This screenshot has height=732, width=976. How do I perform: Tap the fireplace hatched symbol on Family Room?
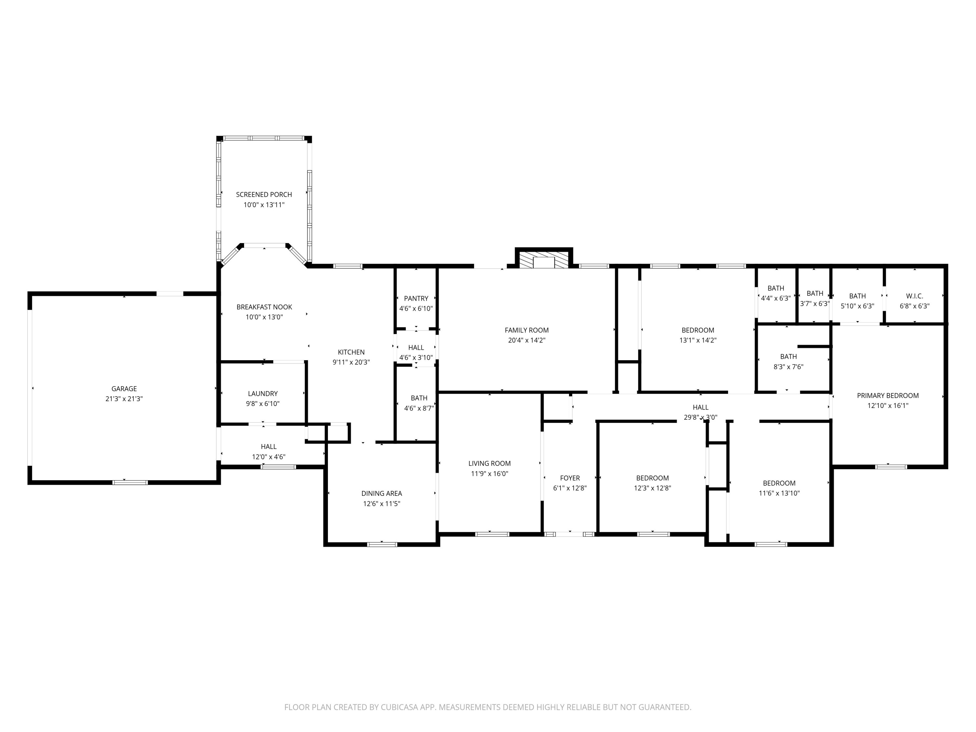[544, 260]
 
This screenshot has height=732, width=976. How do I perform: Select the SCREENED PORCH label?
[264, 195]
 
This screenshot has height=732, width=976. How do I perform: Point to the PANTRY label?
[416, 299]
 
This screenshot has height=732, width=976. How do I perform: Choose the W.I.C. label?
[914, 296]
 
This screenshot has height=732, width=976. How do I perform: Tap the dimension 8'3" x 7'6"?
[788, 367]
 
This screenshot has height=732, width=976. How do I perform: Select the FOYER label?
[570, 478]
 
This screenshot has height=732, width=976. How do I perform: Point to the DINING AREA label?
[381, 493]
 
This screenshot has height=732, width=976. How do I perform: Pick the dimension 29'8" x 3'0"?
[700, 417]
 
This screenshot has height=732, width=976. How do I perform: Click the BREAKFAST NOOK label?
[264, 307]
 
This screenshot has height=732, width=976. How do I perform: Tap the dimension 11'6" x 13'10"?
[779, 493]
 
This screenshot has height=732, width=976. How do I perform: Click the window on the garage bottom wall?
[130, 482]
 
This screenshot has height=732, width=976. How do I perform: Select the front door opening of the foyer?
[569, 534]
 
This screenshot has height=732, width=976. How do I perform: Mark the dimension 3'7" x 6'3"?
[815, 304]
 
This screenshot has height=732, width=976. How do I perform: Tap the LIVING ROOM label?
[489, 463]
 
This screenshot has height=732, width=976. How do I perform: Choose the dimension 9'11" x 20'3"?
[351, 362]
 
